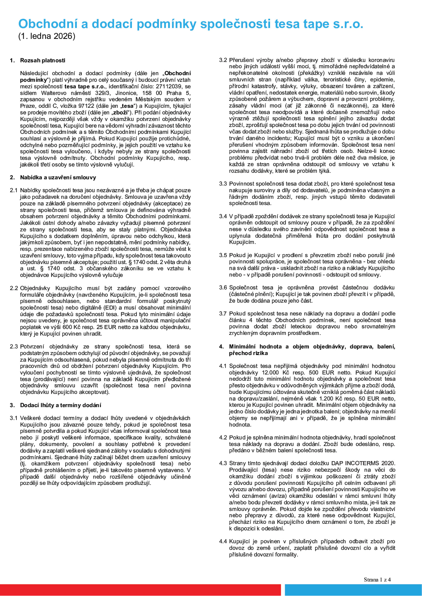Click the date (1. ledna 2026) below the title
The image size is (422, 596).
tap(47, 36)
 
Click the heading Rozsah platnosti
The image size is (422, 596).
tap(43, 60)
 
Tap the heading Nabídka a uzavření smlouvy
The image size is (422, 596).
tap(58, 177)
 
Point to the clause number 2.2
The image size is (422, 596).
tap(14, 288)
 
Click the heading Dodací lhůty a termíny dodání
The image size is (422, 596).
tap(61, 405)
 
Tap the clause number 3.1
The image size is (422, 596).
tap(14, 418)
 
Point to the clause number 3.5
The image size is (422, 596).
tap(223, 255)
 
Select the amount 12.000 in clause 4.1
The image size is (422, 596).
tap(270, 372)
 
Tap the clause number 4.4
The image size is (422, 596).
tap(223, 541)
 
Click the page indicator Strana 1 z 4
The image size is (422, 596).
tap(377, 579)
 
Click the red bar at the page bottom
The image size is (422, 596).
tap(140, 590)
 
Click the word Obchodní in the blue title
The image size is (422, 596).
tap(48, 24)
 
